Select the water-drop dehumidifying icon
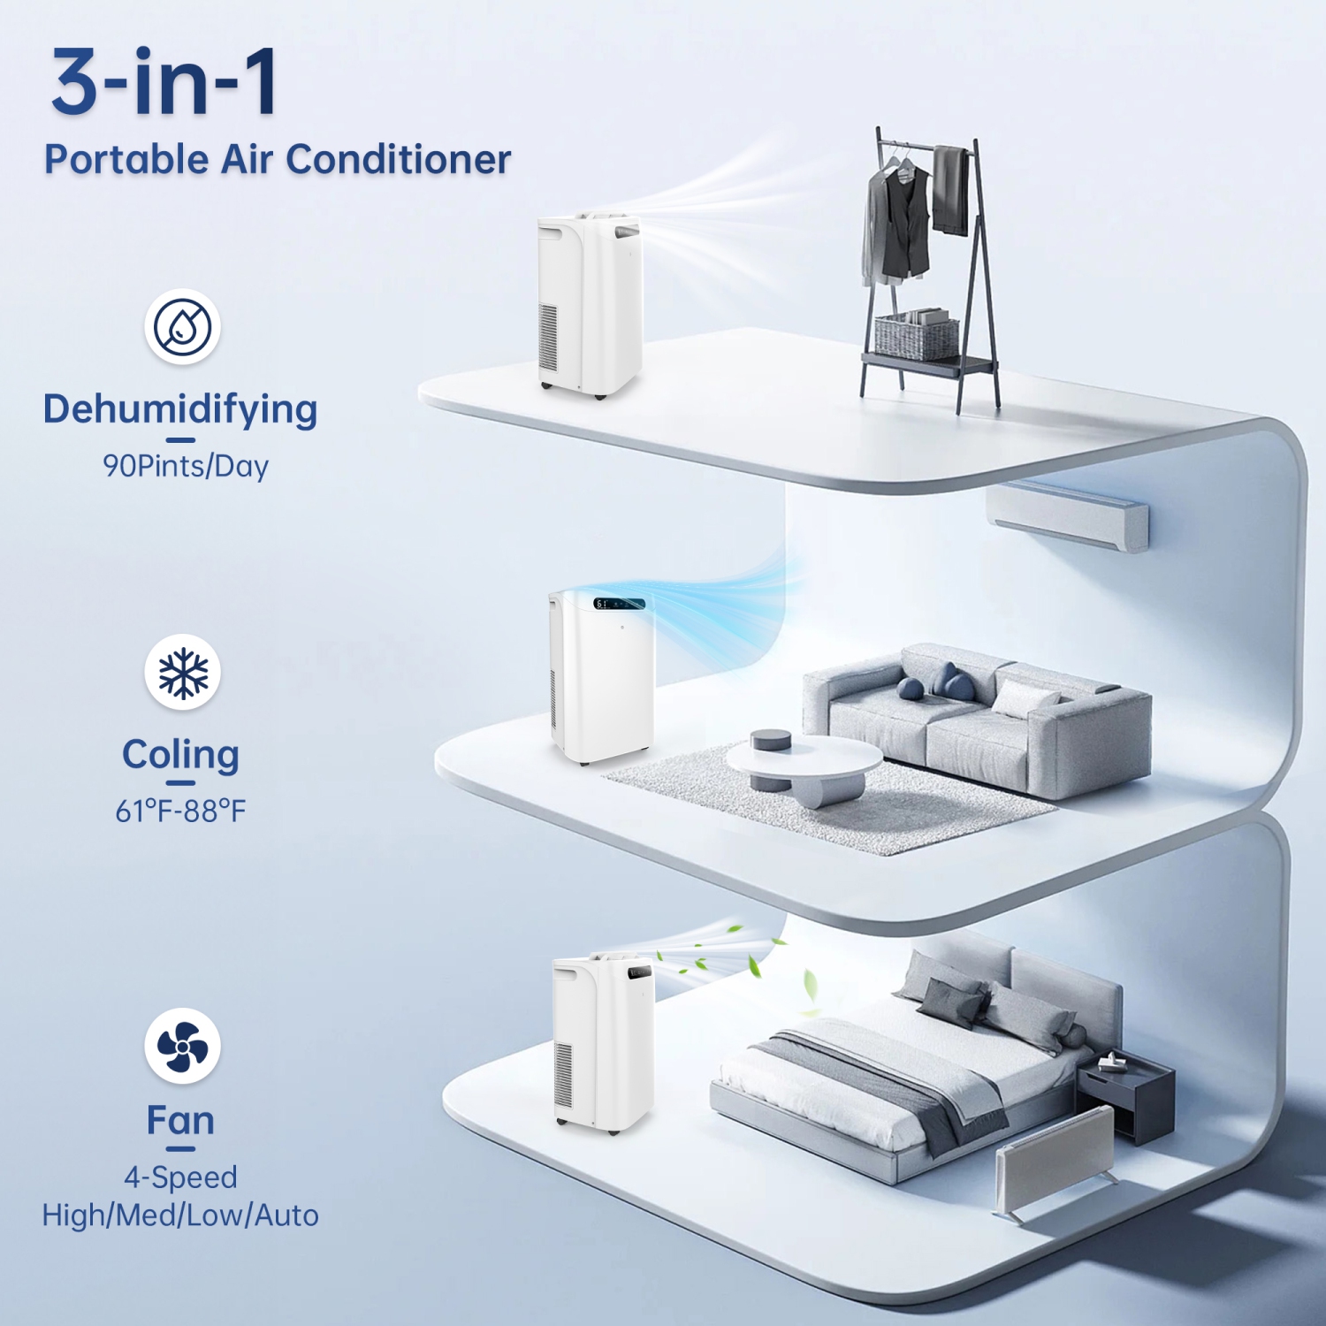pyautogui.click(x=182, y=327)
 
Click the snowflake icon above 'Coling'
pyautogui.click(x=182, y=673)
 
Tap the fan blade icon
pyautogui.click(x=182, y=1047)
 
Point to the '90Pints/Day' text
pyautogui.click(x=186, y=466)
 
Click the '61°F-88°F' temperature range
pyautogui.click(x=180, y=811)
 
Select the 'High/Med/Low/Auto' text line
pyautogui.click(x=180, y=1215)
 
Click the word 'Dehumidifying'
pyautogui.click(x=180, y=409)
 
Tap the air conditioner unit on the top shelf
pyautogui.click(x=588, y=305)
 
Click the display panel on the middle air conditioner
pyautogui.click(x=619, y=604)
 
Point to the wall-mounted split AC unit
pyautogui.click(x=1068, y=515)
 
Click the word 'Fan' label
pyautogui.click(x=180, y=1120)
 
